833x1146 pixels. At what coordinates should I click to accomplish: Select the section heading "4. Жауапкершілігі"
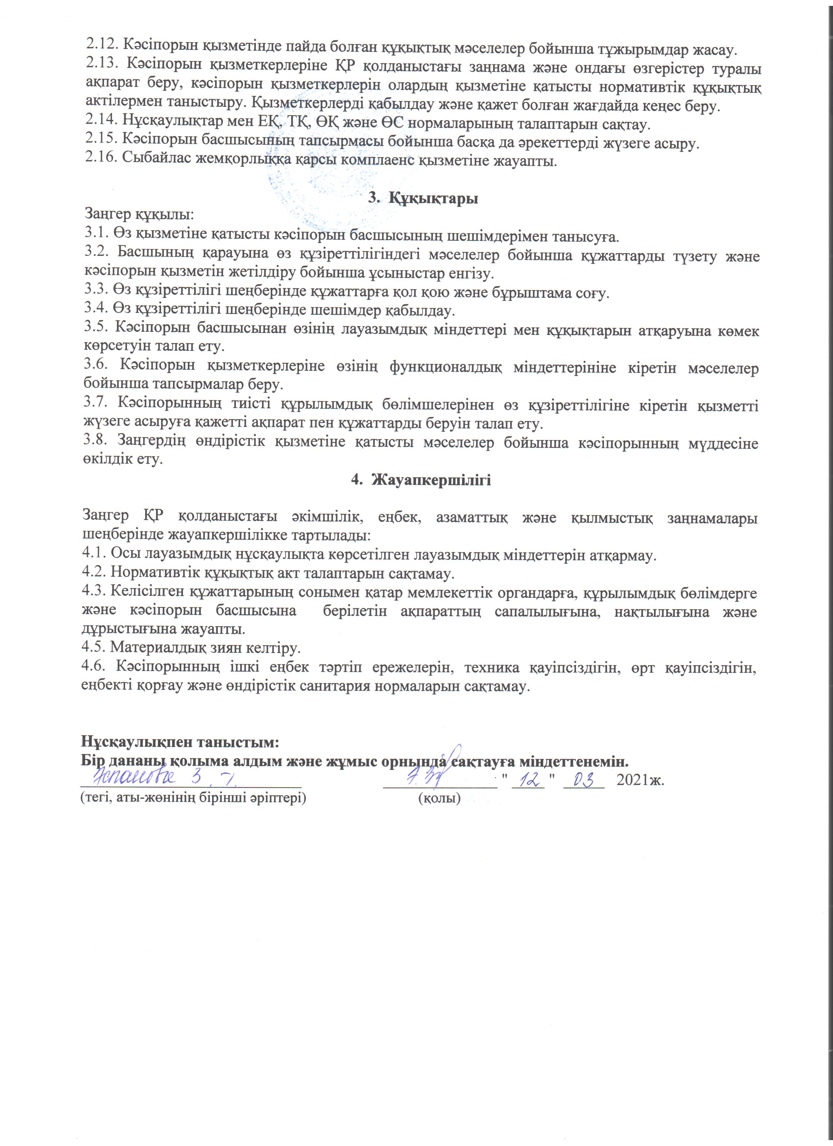(421, 480)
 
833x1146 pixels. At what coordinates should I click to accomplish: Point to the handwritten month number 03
(583, 780)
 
